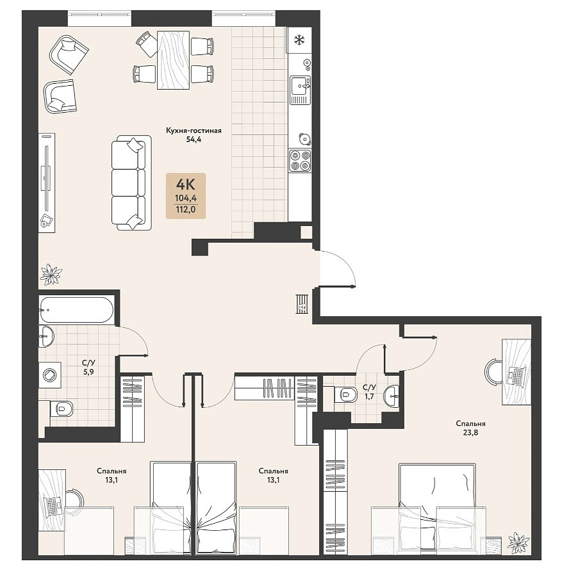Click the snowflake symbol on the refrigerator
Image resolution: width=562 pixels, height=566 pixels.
pyautogui.click(x=299, y=40)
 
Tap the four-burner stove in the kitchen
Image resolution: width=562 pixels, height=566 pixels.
pyautogui.click(x=301, y=160)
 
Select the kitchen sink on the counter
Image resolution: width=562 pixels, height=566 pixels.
pyautogui.click(x=301, y=90)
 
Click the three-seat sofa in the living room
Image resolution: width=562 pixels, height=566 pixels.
pyautogui.click(x=131, y=182)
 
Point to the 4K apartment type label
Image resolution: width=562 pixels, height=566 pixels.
pyautogui.click(x=186, y=185)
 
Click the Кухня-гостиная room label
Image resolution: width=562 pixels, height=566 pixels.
pyautogui.click(x=194, y=131)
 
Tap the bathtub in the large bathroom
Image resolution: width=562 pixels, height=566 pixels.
pyautogui.click(x=76, y=309)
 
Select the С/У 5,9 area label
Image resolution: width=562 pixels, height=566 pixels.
pyautogui.click(x=88, y=368)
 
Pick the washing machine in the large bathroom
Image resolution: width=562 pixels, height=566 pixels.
pyautogui.click(x=50, y=375)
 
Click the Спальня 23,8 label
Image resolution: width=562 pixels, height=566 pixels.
pyautogui.click(x=470, y=428)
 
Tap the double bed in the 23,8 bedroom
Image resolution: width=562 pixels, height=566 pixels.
pyautogui.click(x=438, y=508)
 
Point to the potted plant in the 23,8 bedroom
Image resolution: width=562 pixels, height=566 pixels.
pyautogui.click(x=518, y=543)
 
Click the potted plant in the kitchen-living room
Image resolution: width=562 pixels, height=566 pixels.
pyautogui.click(x=51, y=274)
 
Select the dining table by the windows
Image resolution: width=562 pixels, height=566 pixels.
pyautogui.click(x=174, y=60)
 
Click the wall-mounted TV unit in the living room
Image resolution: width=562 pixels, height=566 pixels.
pyautogui.click(x=47, y=182)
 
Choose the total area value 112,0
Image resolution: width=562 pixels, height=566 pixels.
pyautogui.click(x=185, y=209)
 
